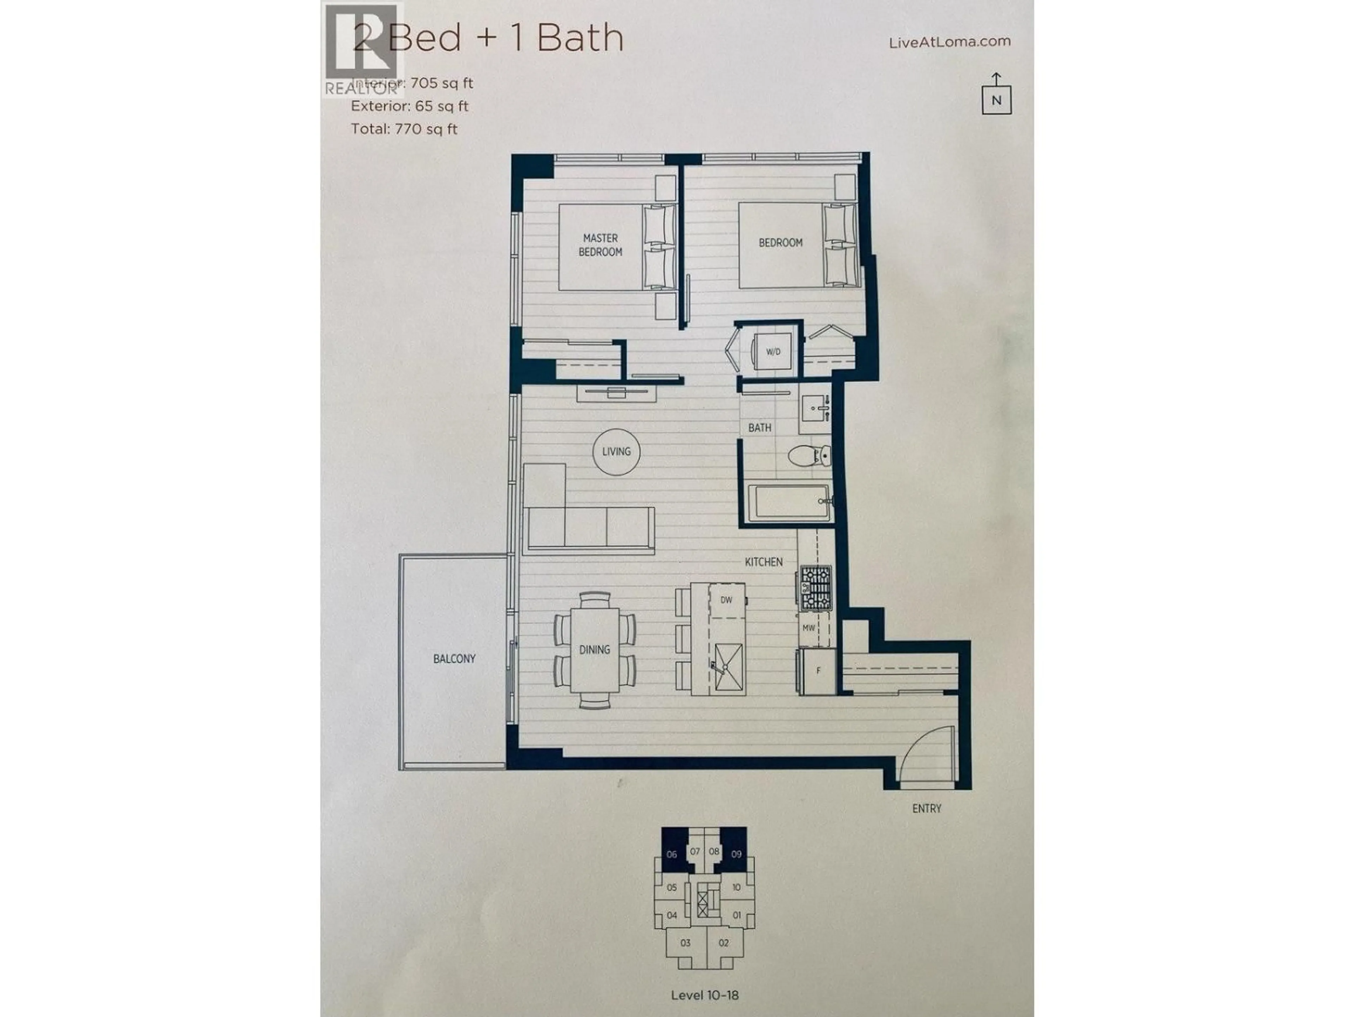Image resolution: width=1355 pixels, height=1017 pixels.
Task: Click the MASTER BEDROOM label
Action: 600,245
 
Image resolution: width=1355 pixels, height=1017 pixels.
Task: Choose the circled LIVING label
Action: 616,452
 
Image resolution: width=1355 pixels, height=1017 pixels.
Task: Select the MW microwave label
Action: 809,628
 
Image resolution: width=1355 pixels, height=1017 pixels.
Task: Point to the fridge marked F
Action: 818,671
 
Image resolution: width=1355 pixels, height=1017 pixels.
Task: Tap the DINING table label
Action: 594,649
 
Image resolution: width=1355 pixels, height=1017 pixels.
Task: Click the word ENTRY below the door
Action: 926,809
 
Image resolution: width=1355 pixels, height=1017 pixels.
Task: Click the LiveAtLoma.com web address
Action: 949,42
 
